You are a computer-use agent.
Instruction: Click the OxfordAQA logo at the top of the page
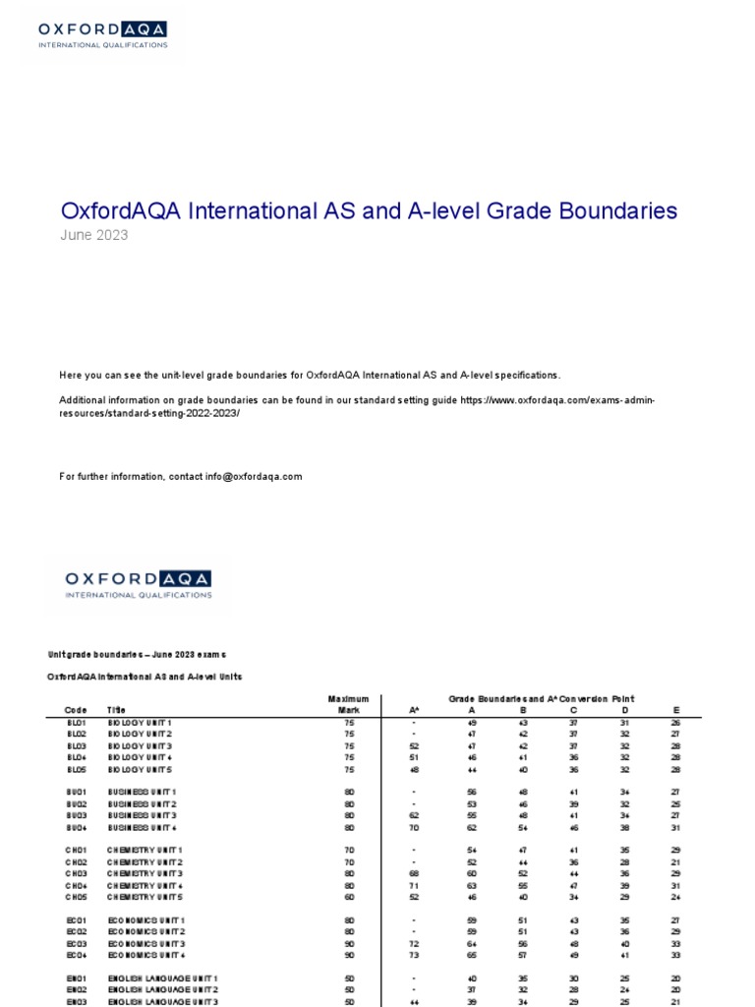(102, 35)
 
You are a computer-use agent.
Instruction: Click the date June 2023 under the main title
(94, 235)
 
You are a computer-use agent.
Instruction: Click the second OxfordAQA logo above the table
(138, 583)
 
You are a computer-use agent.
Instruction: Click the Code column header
(76, 709)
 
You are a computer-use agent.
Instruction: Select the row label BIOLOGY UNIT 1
(142, 722)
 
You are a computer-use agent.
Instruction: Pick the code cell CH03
(77, 873)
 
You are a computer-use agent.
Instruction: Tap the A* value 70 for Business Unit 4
(414, 828)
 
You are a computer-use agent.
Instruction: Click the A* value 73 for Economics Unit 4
(414, 955)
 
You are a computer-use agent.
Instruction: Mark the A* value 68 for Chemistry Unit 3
(414, 873)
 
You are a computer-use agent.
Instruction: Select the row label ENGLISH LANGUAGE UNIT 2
(163, 989)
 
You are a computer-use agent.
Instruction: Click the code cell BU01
(77, 793)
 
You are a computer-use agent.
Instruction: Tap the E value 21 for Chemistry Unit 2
(676, 861)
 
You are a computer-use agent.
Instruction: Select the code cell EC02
(77, 931)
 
